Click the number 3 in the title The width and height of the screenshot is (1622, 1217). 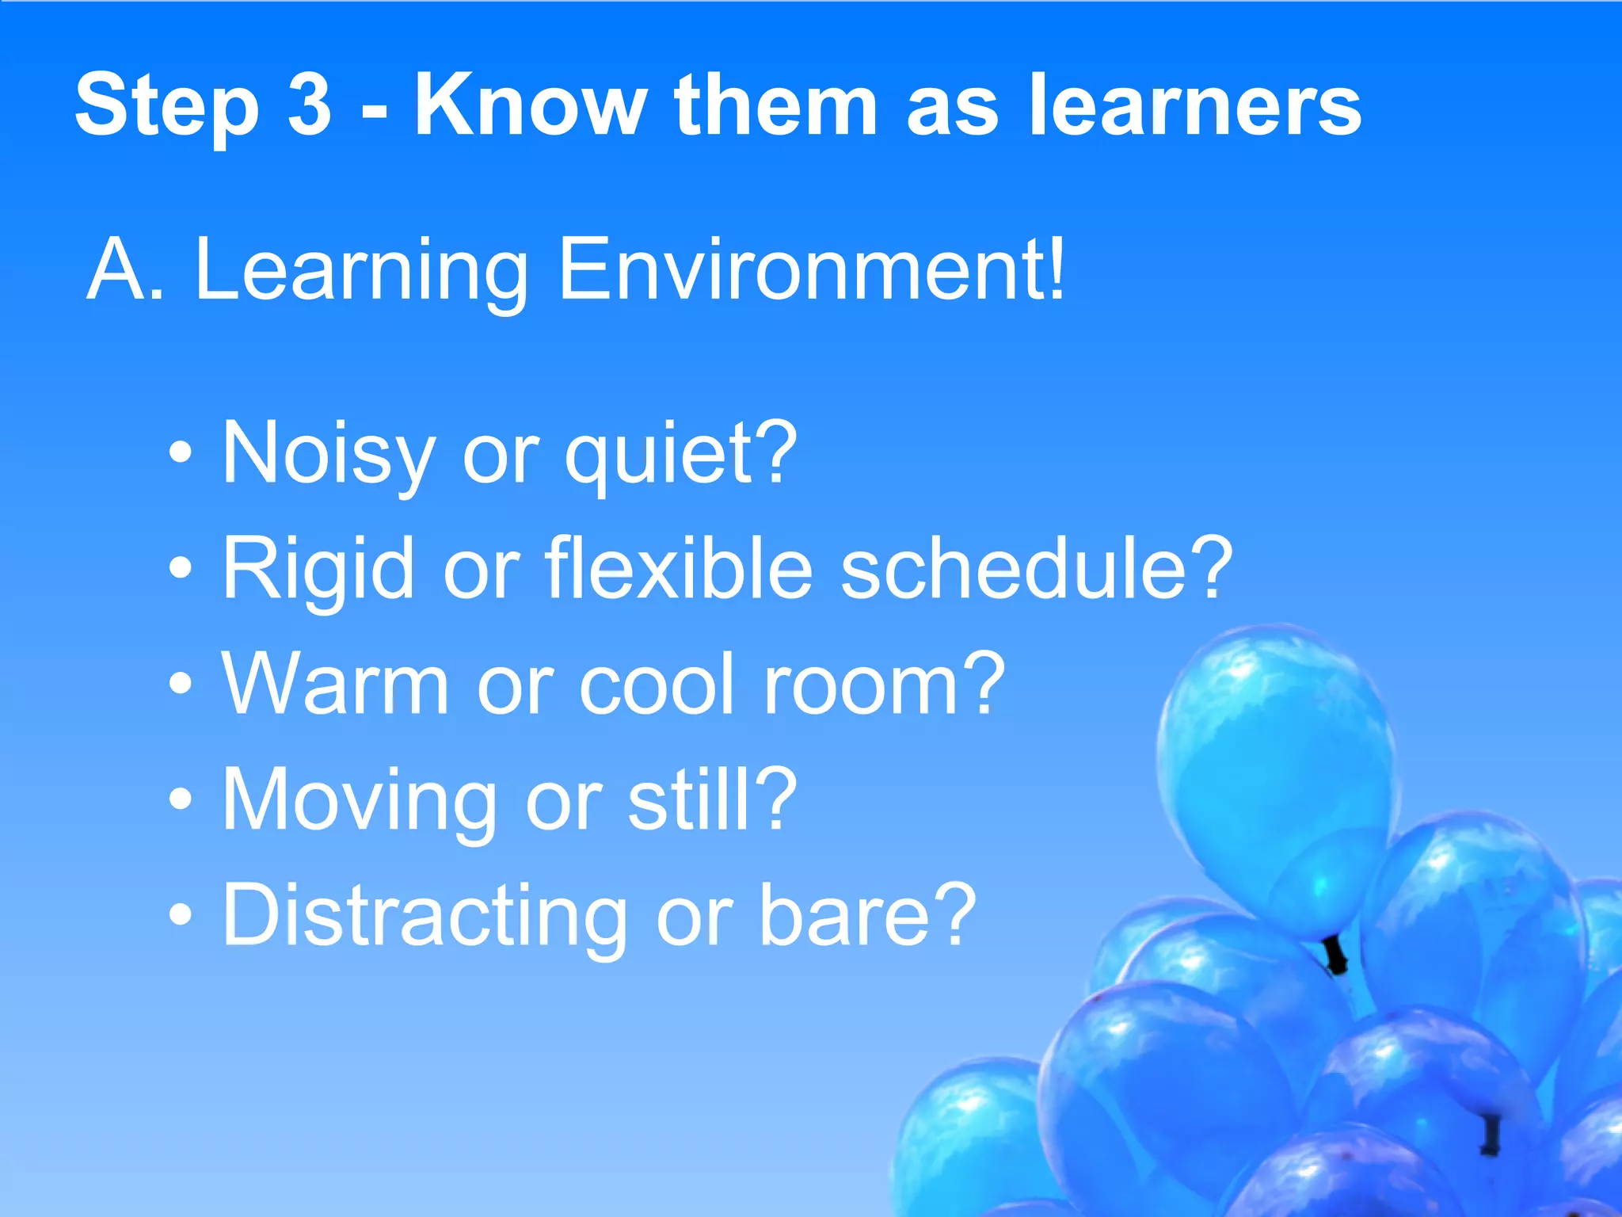click(309, 105)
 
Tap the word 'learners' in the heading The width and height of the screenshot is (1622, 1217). click(1195, 105)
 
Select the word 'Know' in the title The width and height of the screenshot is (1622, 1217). click(531, 105)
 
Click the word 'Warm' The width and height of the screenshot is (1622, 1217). click(336, 683)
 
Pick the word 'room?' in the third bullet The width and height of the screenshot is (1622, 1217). click(883, 683)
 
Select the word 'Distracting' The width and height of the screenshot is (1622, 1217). click(425, 915)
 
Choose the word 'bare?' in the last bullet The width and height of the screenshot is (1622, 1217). click(868, 915)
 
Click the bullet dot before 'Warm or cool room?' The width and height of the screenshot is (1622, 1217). click(181, 683)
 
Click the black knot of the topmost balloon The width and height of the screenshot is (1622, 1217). click(1335, 955)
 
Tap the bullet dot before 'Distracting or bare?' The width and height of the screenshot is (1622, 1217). click(181, 915)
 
